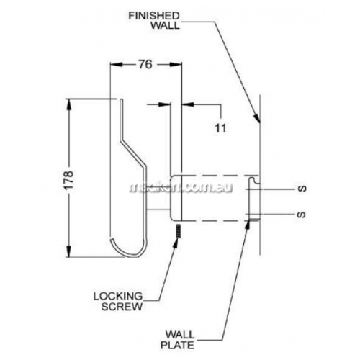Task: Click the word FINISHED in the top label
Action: tap(154, 16)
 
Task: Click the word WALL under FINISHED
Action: tap(165, 25)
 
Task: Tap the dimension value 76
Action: tap(145, 64)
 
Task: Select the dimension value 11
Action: tap(220, 128)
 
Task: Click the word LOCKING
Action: tap(118, 297)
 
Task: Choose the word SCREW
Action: tap(122, 307)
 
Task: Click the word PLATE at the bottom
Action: tap(177, 345)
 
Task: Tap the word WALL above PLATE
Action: tap(179, 335)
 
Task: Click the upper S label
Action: tap(302, 189)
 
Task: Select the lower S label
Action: tap(302, 214)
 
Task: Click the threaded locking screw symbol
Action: tap(178, 230)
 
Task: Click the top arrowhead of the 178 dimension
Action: tap(69, 104)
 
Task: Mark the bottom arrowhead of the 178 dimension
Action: tap(69, 252)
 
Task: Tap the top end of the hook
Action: tap(122, 99)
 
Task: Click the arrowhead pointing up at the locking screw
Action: tap(176, 243)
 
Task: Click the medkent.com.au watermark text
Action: tap(181, 188)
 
